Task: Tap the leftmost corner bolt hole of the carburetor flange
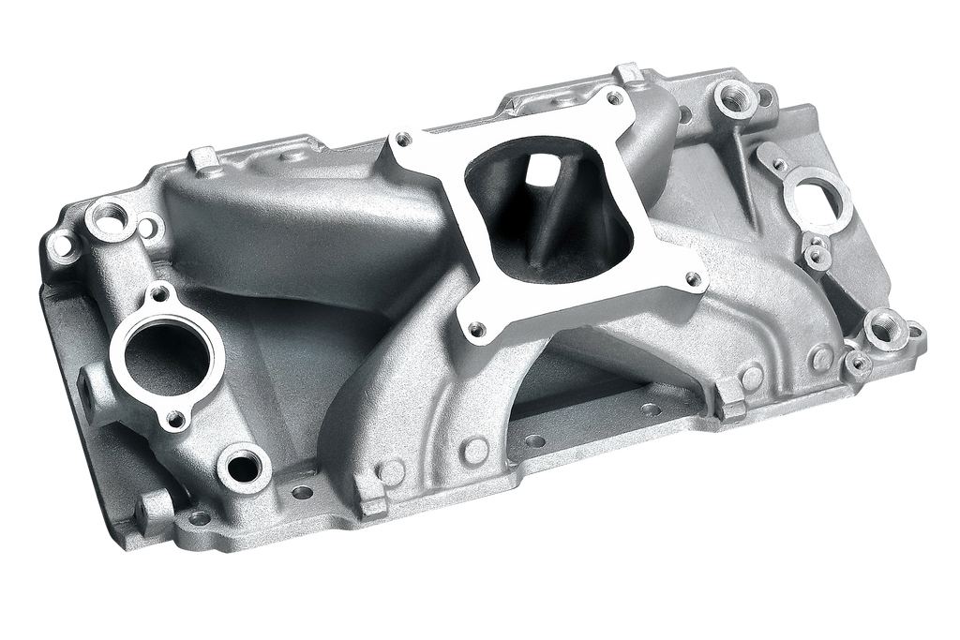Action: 403,139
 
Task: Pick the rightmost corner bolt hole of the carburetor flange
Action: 693,277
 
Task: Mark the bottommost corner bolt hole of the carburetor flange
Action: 476,329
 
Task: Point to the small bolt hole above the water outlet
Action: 159,294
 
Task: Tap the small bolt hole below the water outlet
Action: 175,418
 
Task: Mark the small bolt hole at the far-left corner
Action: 63,247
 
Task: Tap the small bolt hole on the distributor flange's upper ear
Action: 778,164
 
